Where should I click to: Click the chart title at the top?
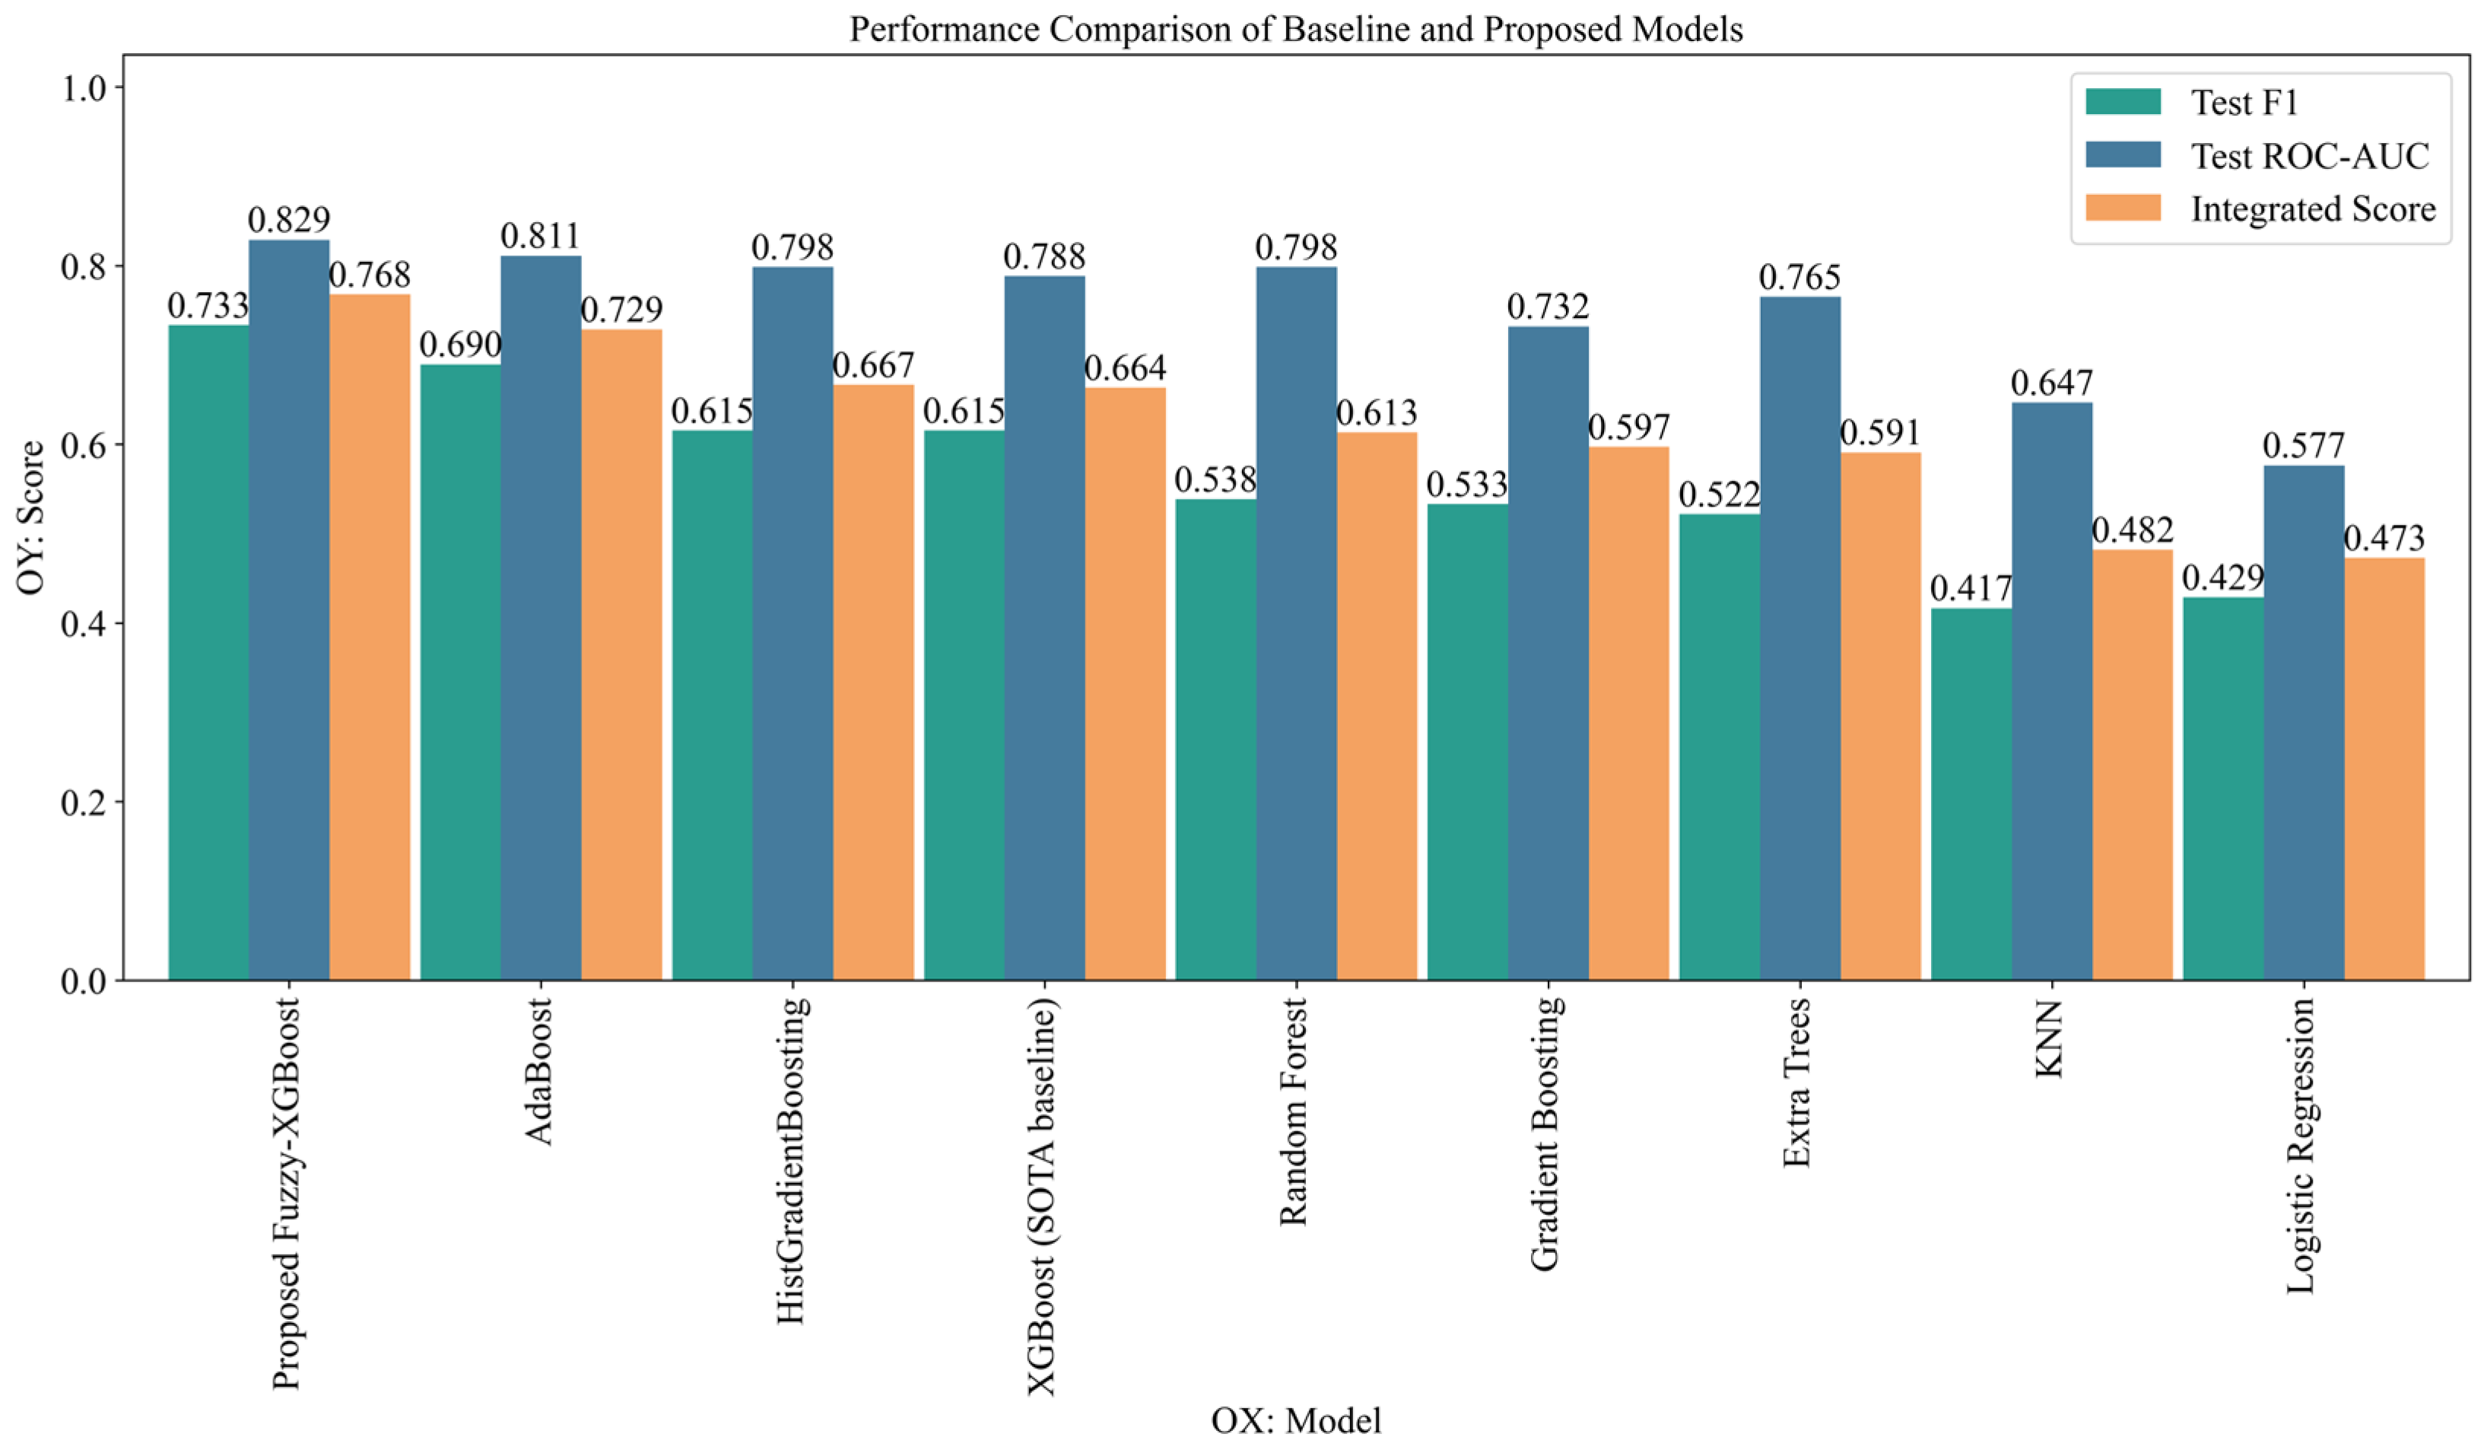pyautogui.click(x=1296, y=30)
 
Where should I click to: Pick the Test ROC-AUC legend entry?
pyautogui.click(x=2257, y=156)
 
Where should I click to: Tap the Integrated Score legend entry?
pyautogui.click(x=2260, y=209)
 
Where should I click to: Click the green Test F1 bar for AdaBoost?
pyautogui.click(x=460, y=672)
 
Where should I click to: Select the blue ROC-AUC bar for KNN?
pyautogui.click(x=2052, y=691)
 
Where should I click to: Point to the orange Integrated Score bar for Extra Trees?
pyautogui.click(x=1881, y=717)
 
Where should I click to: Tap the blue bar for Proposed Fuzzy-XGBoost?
pyautogui.click(x=289, y=610)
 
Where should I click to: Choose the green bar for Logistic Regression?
pyautogui.click(x=2224, y=789)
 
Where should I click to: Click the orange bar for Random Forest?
pyautogui.click(x=1377, y=707)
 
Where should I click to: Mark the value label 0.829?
pyautogui.click(x=289, y=220)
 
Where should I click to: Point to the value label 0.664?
pyautogui.click(x=1126, y=367)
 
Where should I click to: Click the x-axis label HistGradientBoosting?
pyautogui.click(x=793, y=1160)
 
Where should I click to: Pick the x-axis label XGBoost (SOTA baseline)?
pyautogui.click(x=1043, y=1197)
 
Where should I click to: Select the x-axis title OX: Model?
pyautogui.click(x=1296, y=1420)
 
